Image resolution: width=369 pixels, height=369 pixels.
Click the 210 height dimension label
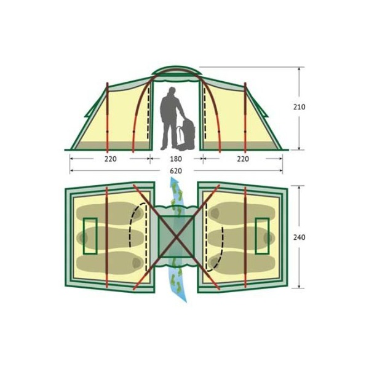pos(299,107)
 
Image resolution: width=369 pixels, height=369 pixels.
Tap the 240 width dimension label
pos(299,237)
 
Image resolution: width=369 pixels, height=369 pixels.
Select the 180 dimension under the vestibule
pos(176,159)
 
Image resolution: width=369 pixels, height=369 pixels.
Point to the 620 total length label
pos(176,171)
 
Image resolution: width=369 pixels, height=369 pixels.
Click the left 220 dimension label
pos(111,159)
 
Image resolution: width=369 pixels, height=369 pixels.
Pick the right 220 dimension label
pos(243,159)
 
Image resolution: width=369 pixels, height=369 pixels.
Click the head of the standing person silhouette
pos(172,91)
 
